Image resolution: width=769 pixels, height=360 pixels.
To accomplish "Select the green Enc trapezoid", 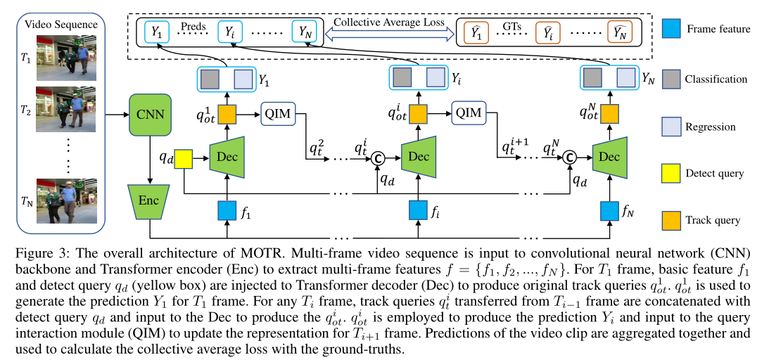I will tap(149, 201).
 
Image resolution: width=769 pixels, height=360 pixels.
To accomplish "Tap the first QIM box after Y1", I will tap(278, 112).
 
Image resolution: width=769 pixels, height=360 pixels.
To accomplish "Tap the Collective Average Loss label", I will tap(388, 22).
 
